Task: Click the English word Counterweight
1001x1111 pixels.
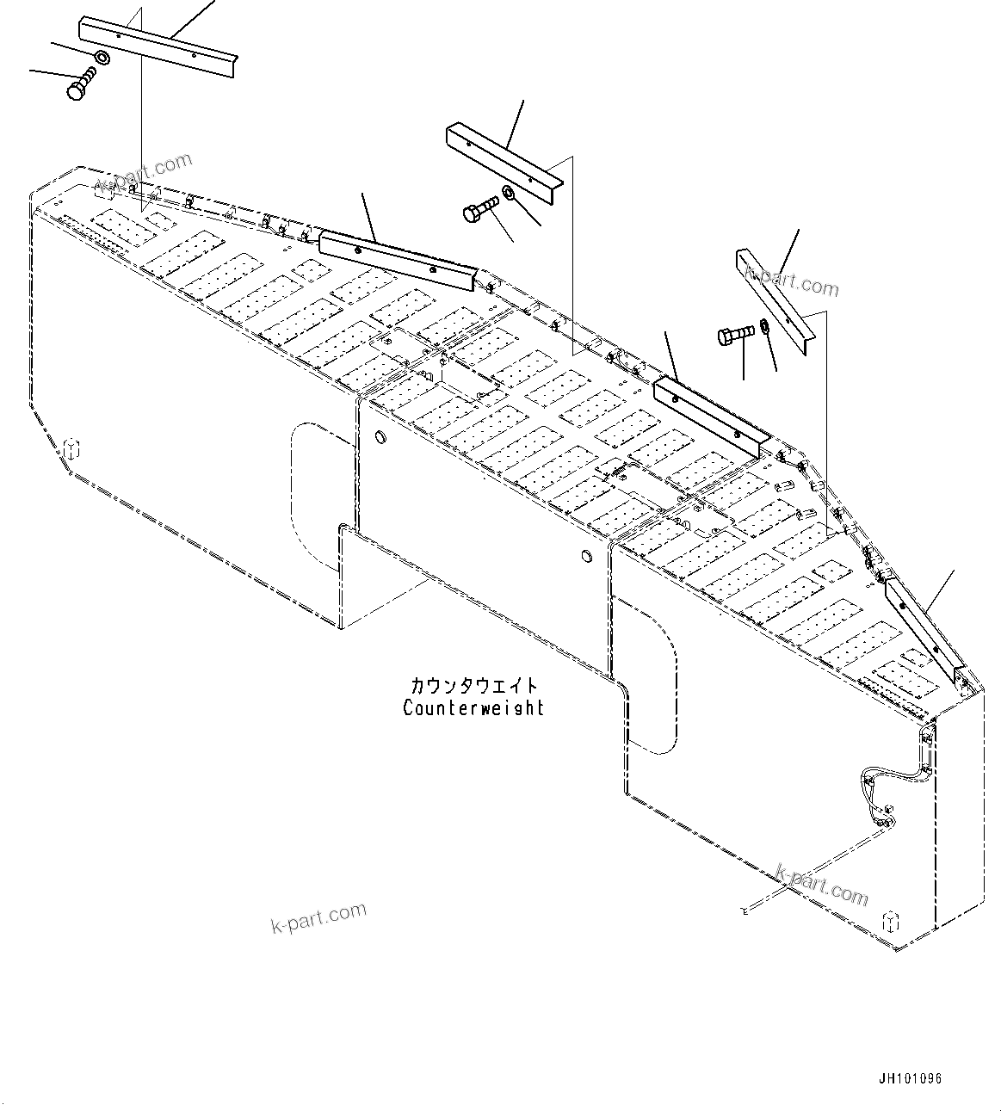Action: (473, 707)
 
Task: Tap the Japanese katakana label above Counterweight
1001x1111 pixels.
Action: (473, 686)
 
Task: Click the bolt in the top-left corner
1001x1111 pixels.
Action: (80, 85)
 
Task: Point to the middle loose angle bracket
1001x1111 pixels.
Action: (504, 159)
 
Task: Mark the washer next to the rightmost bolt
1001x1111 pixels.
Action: (763, 328)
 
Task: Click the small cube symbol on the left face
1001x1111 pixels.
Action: (72, 447)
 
